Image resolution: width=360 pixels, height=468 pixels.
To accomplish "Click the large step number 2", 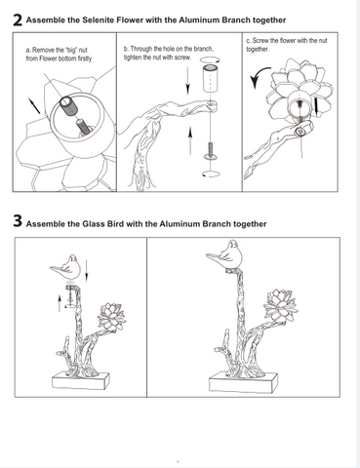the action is coord(18,20).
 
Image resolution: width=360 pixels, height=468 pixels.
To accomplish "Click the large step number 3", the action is coord(18,220).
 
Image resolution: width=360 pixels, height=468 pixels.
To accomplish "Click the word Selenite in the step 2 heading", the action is coord(97,20).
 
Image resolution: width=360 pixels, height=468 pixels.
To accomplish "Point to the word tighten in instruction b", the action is coord(133,58).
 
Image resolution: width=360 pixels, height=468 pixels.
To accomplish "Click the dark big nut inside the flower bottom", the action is coord(67,105).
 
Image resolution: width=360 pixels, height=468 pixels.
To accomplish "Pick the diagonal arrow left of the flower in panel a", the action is coord(34,105).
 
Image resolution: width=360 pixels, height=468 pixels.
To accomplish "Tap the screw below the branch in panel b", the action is coord(211,151).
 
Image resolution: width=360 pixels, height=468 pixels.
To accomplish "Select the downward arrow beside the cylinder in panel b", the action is coord(187,80).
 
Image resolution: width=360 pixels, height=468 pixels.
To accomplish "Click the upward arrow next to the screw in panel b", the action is coord(190,140).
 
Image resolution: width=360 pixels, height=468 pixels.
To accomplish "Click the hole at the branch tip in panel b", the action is coord(212,103).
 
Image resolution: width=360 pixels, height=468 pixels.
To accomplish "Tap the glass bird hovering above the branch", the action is coord(67,267).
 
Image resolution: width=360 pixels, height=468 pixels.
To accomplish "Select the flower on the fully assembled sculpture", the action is coord(281,306).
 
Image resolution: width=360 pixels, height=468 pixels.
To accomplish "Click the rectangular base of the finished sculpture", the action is coord(243,383).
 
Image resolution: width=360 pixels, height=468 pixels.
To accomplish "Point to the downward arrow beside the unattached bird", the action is coord(86,270).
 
